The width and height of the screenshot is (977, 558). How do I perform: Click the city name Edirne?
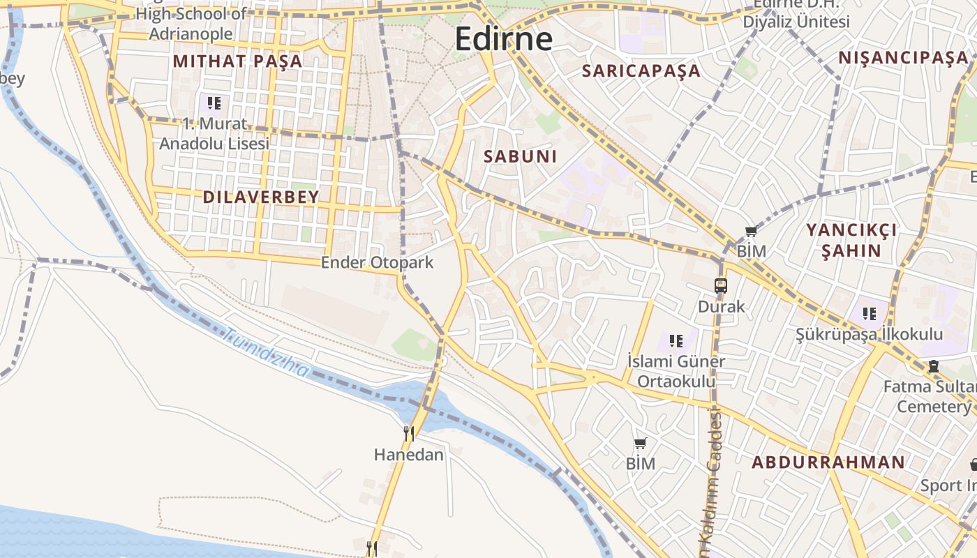click(503, 39)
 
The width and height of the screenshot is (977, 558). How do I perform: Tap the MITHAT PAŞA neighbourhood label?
click(237, 61)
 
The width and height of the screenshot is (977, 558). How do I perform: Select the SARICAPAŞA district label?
click(641, 70)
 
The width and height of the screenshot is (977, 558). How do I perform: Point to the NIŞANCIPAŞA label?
click(903, 58)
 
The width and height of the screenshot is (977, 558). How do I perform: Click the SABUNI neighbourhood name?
click(521, 157)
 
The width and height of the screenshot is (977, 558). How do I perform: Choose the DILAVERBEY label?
click(260, 197)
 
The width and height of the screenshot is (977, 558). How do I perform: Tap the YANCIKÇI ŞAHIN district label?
click(851, 240)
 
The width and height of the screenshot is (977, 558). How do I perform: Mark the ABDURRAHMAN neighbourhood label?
click(828, 462)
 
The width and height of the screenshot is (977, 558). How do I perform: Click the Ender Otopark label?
click(377, 263)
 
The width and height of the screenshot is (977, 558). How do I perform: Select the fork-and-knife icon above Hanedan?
click(409, 434)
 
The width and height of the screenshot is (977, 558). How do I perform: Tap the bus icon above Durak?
click(721, 285)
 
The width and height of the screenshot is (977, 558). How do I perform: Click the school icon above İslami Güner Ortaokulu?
click(676, 340)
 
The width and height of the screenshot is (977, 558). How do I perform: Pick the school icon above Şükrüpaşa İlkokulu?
click(869, 314)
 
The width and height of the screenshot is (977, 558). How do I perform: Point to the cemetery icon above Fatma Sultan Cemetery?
click(933, 366)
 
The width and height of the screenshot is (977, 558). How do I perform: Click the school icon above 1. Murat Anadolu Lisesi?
click(214, 103)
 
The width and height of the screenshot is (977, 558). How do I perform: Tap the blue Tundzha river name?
click(266, 354)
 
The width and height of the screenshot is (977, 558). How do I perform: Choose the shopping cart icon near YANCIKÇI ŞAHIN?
click(751, 232)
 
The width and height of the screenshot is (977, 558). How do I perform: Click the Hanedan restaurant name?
click(409, 455)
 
